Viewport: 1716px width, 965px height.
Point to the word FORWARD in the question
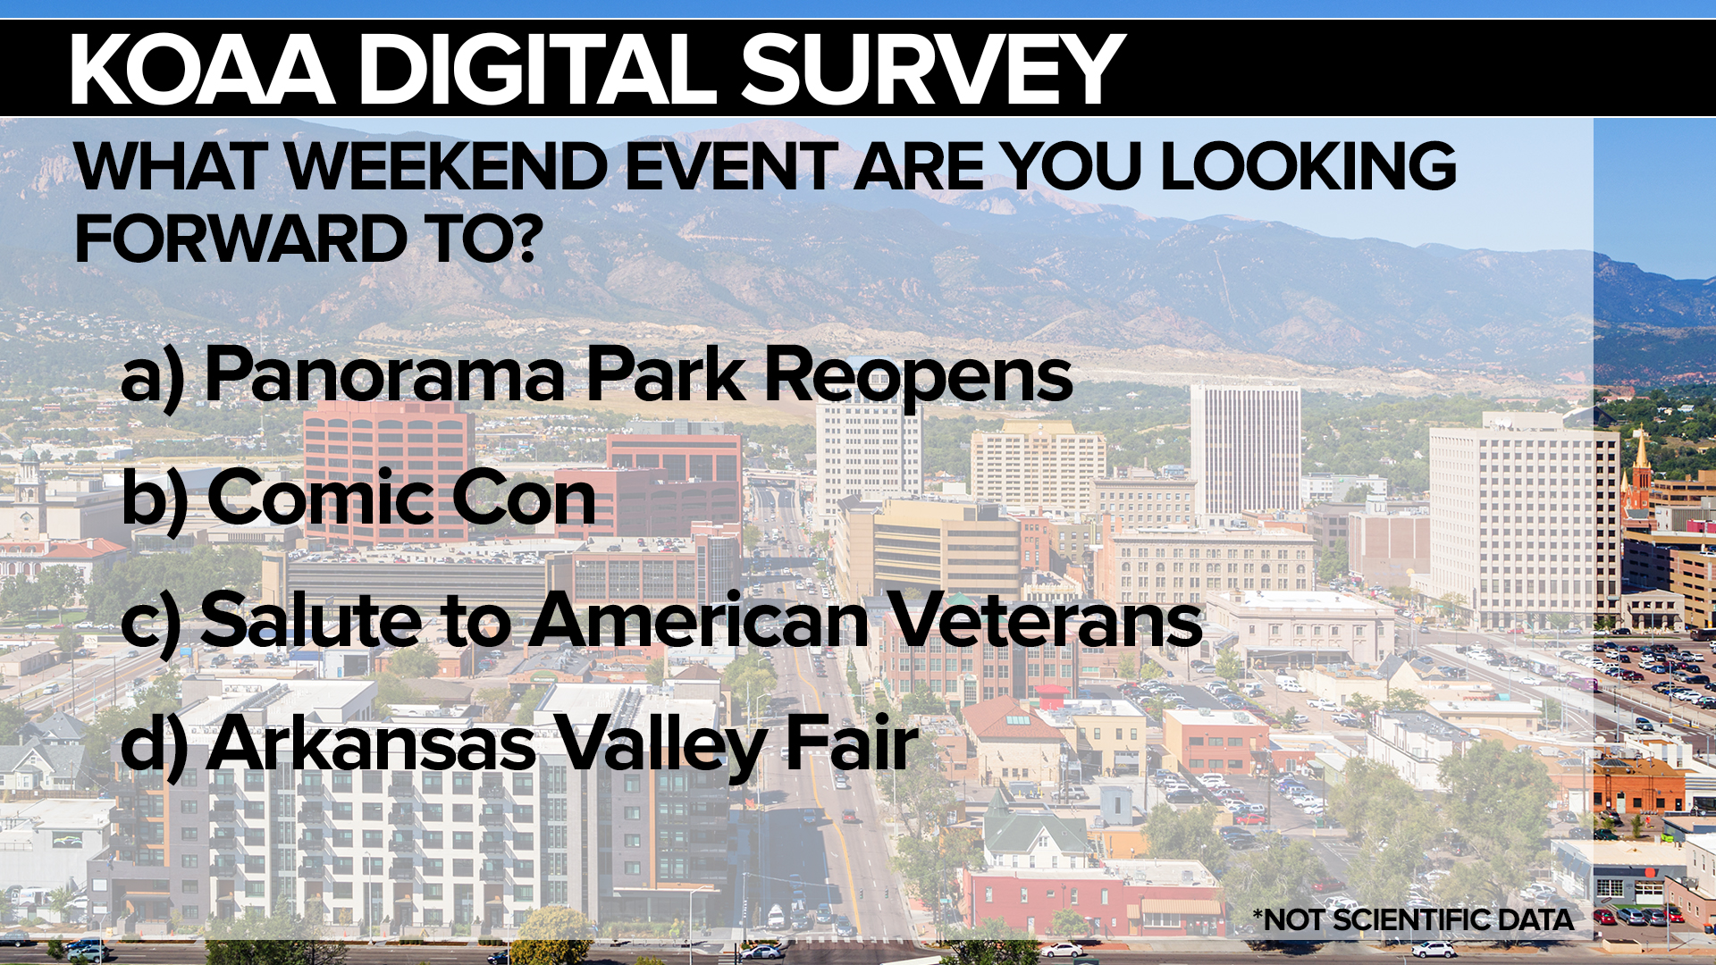241,239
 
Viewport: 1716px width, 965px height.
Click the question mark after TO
527,239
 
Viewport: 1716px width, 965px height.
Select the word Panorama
386,374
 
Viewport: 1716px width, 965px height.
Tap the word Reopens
919,380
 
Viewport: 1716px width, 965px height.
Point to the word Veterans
1047,620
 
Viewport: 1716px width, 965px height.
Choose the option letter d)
154,746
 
